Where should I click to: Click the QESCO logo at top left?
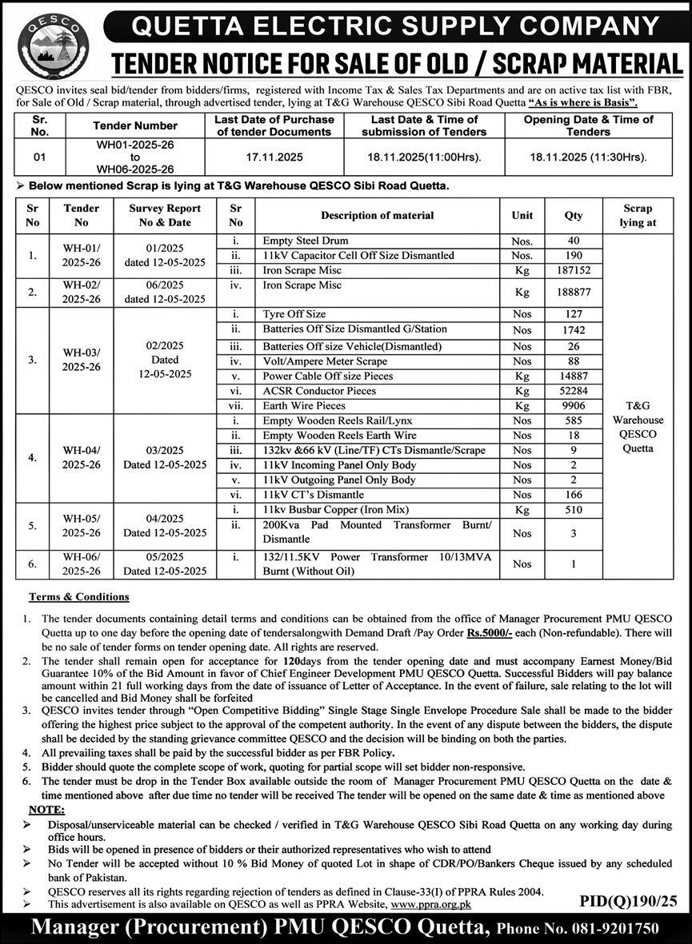pyautogui.click(x=53, y=45)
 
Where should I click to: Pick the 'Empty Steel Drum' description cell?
pyautogui.click(x=306, y=240)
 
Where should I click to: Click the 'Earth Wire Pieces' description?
pyautogui.click(x=304, y=406)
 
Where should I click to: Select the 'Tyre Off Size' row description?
pyautogui.click(x=294, y=314)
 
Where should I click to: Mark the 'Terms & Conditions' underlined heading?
pyautogui.click(x=78, y=596)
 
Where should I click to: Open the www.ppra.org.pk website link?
pyautogui.click(x=431, y=903)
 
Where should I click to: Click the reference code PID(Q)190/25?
pyautogui.click(x=628, y=901)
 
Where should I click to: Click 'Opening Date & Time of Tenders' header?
pyautogui.click(x=588, y=125)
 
